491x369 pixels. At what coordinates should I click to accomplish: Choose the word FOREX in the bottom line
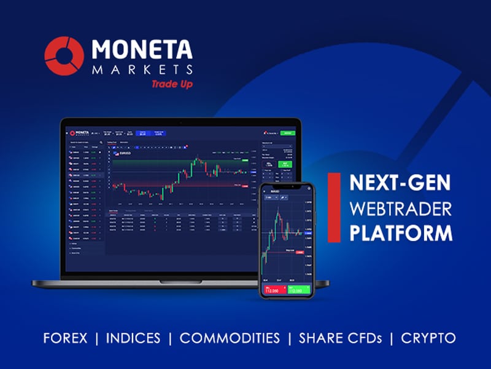pos(65,338)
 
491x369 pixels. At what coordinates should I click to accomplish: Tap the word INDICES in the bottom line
pos(133,338)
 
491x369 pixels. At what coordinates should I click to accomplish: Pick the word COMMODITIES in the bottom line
pos(230,338)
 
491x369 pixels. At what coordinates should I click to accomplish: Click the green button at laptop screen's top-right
pos(287,132)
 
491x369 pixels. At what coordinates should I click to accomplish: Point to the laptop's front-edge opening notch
pos(180,282)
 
